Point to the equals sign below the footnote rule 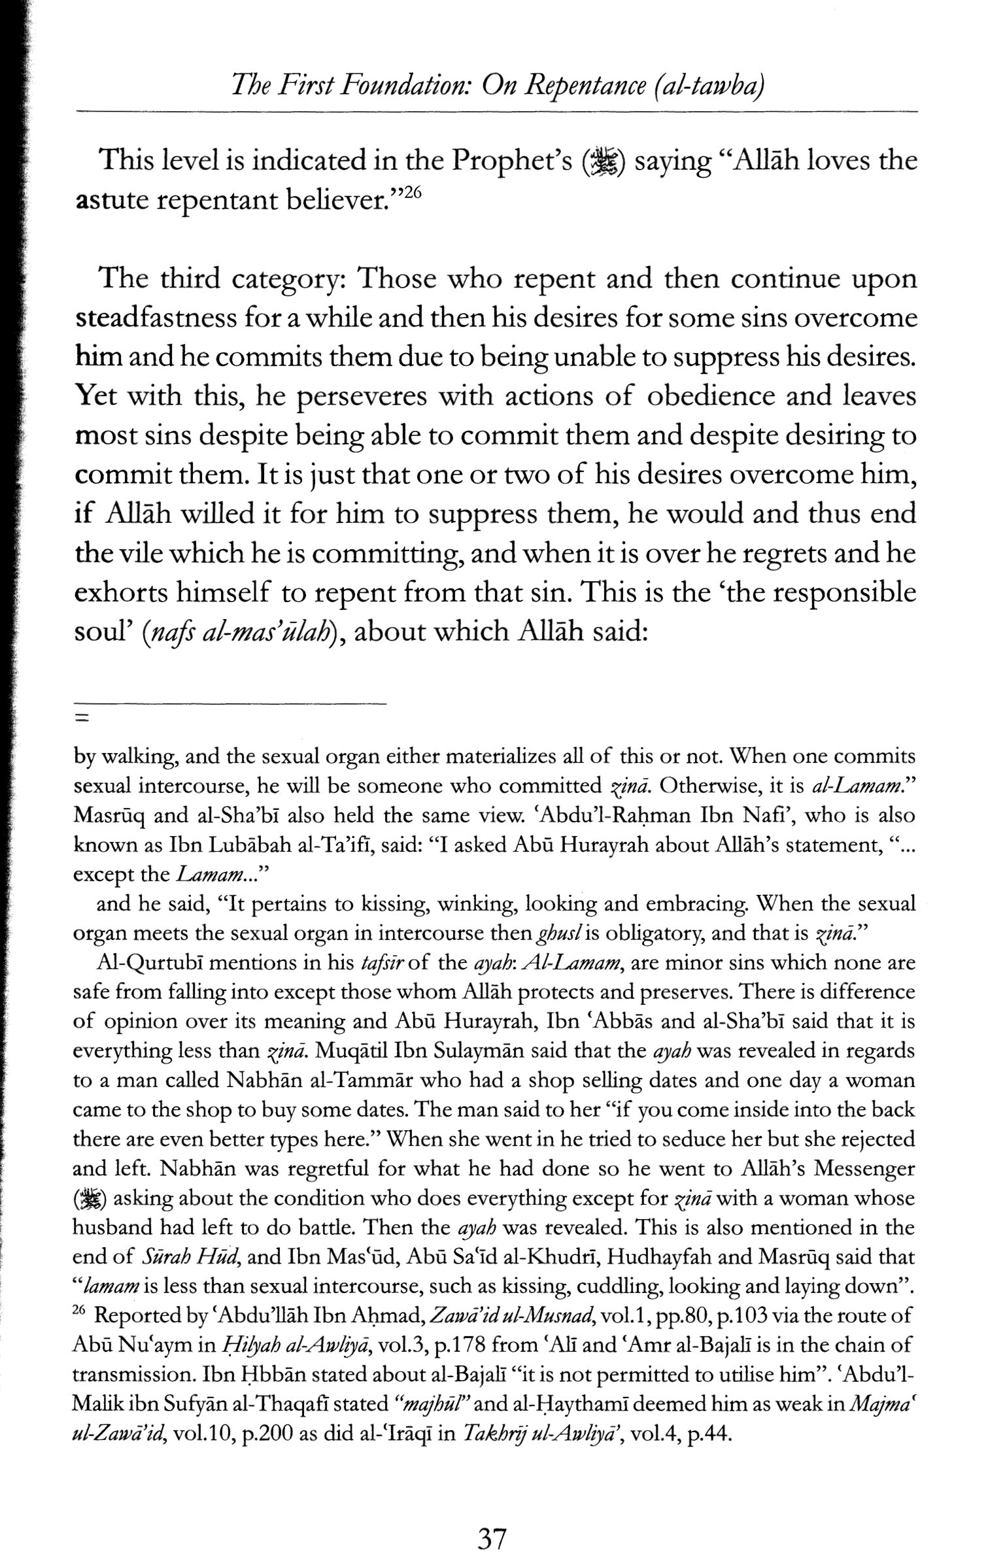pos(81,718)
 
